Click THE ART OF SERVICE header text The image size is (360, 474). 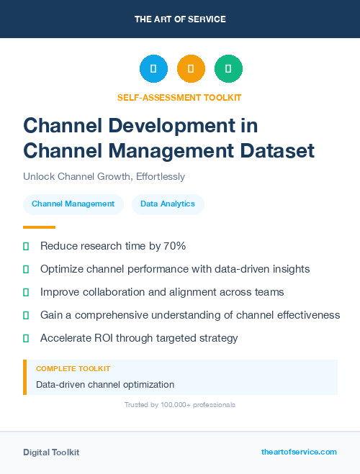point(180,19)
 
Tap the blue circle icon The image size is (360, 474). point(153,68)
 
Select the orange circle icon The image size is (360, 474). point(191,68)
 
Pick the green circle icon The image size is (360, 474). point(228,68)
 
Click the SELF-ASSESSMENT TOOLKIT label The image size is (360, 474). point(180,97)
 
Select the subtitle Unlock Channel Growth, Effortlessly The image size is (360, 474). point(104,176)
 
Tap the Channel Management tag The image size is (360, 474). point(73,204)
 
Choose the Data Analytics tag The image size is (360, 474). point(168,204)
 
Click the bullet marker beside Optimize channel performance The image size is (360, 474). point(26,269)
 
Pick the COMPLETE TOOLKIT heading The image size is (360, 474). point(73,368)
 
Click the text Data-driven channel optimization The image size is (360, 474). point(105,384)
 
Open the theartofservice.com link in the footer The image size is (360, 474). point(299,452)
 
